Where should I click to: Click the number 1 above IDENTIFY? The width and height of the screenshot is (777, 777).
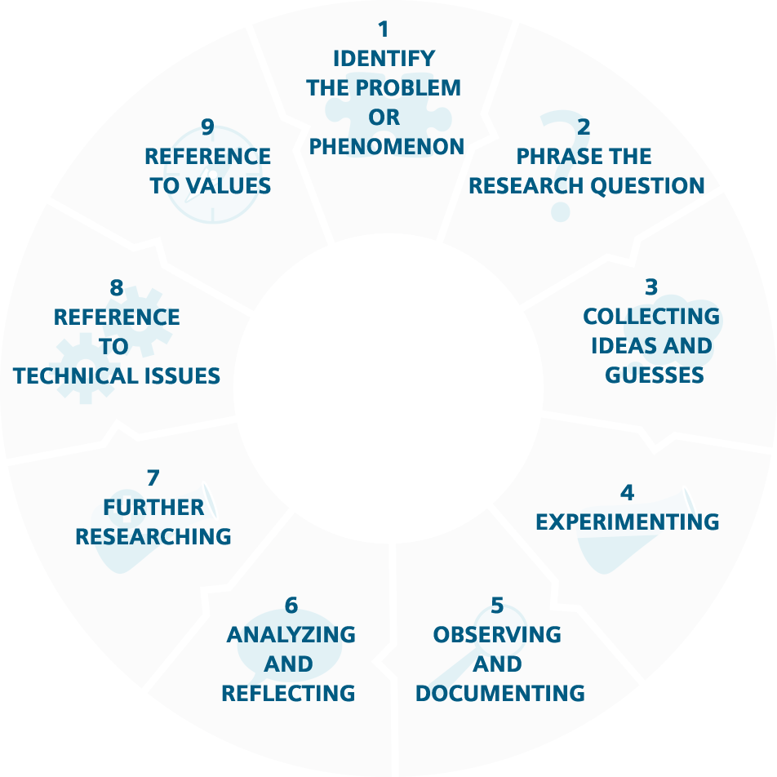pos(384,29)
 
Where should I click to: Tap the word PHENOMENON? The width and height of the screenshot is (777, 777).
pos(387,147)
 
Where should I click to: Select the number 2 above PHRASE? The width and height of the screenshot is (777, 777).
pos(584,127)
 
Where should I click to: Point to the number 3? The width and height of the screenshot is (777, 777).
pos(651,287)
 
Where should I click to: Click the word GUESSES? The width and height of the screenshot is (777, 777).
pos(655,375)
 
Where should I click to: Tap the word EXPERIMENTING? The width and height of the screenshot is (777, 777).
pos(627,522)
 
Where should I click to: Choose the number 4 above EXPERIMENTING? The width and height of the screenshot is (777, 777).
pos(627,493)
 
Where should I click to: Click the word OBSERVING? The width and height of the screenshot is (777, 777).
pos(497,635)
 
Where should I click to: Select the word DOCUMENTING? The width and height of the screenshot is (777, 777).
pos(500,694)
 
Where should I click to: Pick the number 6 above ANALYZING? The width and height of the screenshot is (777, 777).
pos(291,606)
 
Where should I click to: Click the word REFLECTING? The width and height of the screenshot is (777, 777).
pos(288,694)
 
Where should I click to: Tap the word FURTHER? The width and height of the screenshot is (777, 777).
pos(153,508)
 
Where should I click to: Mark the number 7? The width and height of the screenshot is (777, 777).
pos(153,478)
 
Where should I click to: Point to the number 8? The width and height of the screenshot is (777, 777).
pos(117,288)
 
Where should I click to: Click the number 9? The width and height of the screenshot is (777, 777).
pos(207,127)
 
